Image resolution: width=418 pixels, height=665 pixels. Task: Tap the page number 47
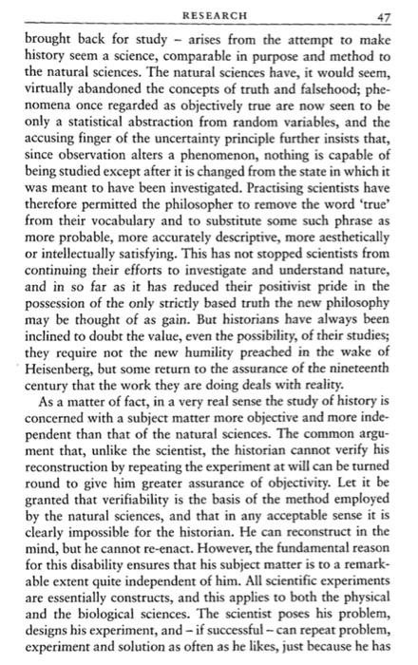[384, 18]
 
